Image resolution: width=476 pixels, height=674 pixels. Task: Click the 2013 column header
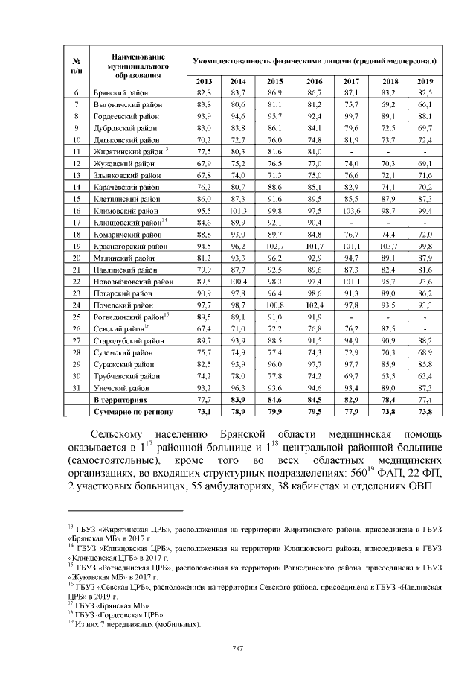click(204, 80)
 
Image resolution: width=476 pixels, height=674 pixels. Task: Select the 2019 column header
click(425, 80)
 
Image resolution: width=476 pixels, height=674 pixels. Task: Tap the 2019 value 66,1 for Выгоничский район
click(425, 104)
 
